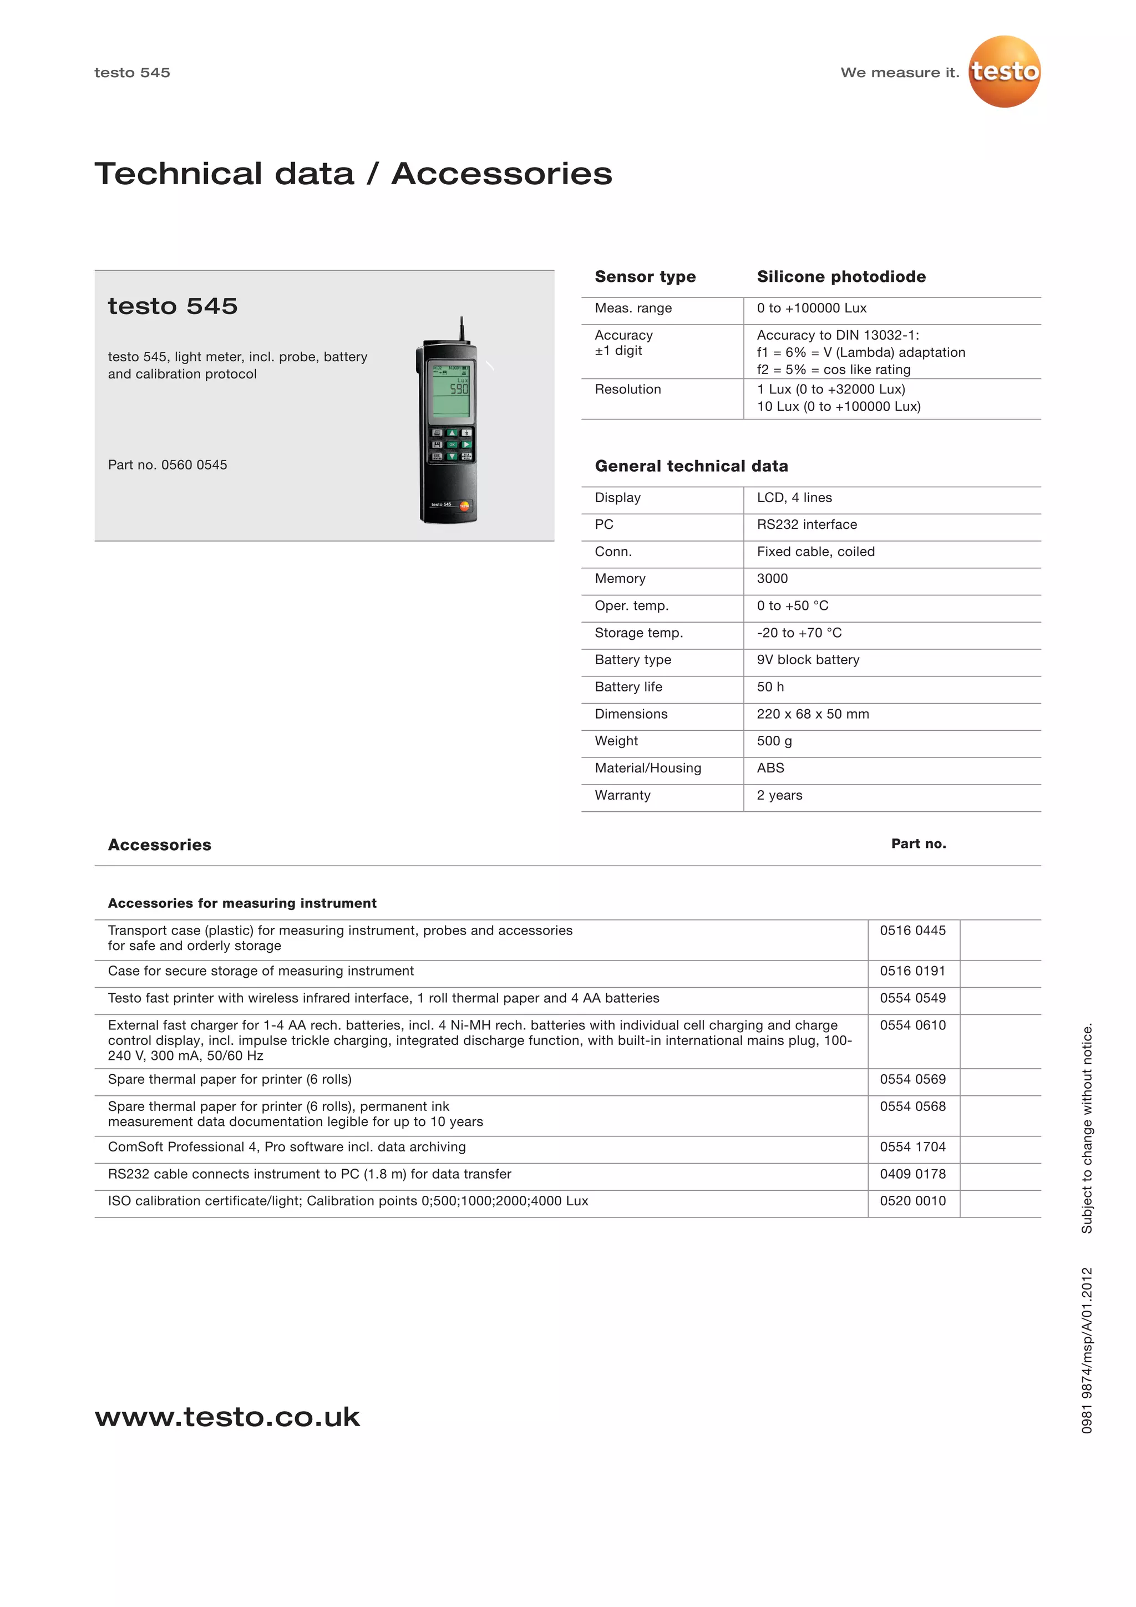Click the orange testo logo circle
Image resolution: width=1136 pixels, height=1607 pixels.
point(1004,72)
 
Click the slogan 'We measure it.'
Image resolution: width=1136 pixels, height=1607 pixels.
point(900,73)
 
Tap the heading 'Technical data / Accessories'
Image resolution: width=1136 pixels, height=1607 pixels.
point(353,174)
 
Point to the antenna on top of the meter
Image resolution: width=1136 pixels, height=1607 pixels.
point(461,329)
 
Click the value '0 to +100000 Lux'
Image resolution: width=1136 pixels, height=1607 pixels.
point(812,308)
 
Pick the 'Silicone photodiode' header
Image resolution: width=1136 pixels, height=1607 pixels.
point(841,276)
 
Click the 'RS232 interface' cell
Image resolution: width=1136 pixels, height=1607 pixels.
point(807,524)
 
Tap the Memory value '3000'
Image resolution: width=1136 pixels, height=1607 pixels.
point(772,578)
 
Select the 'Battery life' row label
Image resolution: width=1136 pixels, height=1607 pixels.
point(628,686)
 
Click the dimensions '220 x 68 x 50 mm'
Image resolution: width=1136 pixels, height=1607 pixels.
point(813,714)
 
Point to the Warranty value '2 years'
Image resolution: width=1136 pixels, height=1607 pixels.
point(779,795)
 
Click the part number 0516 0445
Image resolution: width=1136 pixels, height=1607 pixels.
point(912,930)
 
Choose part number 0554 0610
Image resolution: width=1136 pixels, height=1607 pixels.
point(912,1025)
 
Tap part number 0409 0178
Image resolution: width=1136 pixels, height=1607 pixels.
point(912,1174)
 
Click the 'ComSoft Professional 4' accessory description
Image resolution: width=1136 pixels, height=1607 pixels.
point(287,1146)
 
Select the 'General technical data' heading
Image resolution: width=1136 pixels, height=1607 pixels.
point(691,466)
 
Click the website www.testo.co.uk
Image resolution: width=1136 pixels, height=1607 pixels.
point(227,1417)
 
